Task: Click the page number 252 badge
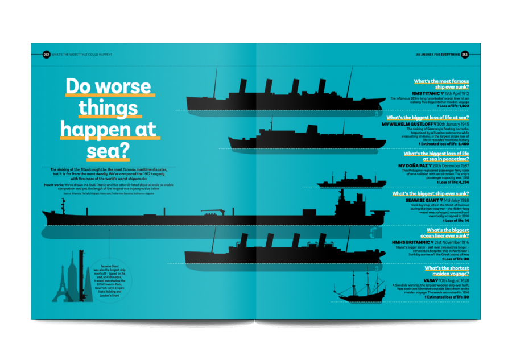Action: (46, 55)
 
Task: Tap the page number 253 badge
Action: (465, 55)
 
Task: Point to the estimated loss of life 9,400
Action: (460, 144)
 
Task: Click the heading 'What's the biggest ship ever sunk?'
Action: (430, 194)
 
